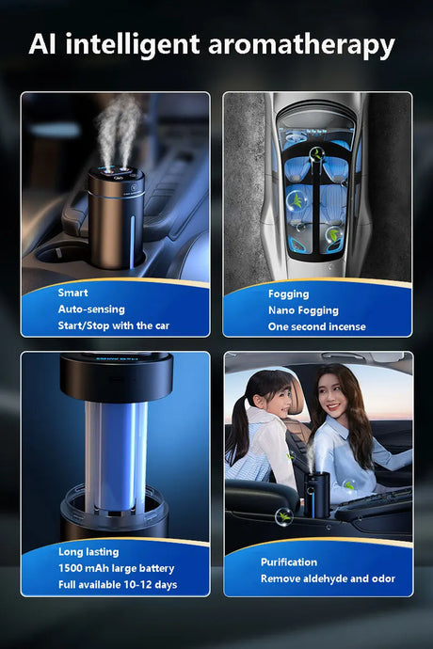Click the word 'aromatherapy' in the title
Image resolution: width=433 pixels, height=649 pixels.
pyautogui.click(x=301, y=45)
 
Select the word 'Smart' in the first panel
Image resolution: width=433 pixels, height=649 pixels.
pyautogui.click(x=72, y=293)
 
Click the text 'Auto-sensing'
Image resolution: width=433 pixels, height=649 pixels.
pyautogui.click(x=91, y=309)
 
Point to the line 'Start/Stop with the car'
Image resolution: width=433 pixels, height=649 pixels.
pyautogui.click(x=114, y=325)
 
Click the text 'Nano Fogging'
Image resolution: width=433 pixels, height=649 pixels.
pyautogui.click(x=303, y=310)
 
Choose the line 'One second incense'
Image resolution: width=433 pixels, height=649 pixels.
pyautogui.click(x=317, y=326)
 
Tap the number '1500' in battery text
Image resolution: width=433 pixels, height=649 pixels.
pyautogui.click(x=70, y=568)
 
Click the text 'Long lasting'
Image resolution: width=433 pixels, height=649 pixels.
pyautogui.click(x=88, y=552)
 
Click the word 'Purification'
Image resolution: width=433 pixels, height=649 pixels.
pyautogui.click(x=289, y=562)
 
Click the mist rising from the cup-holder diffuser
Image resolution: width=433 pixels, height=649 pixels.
pyautogui.click(x=118, y=131)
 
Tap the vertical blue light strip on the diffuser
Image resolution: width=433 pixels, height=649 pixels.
pyautogui.click(x=132, y=240)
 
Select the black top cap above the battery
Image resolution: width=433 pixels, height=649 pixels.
pyautogui.click(x=117, y=376)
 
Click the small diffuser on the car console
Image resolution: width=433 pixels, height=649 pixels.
pyautogui.click(x=317, y=495)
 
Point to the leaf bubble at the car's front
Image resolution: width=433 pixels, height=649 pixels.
pyautogui.click(x=317, y=155)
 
